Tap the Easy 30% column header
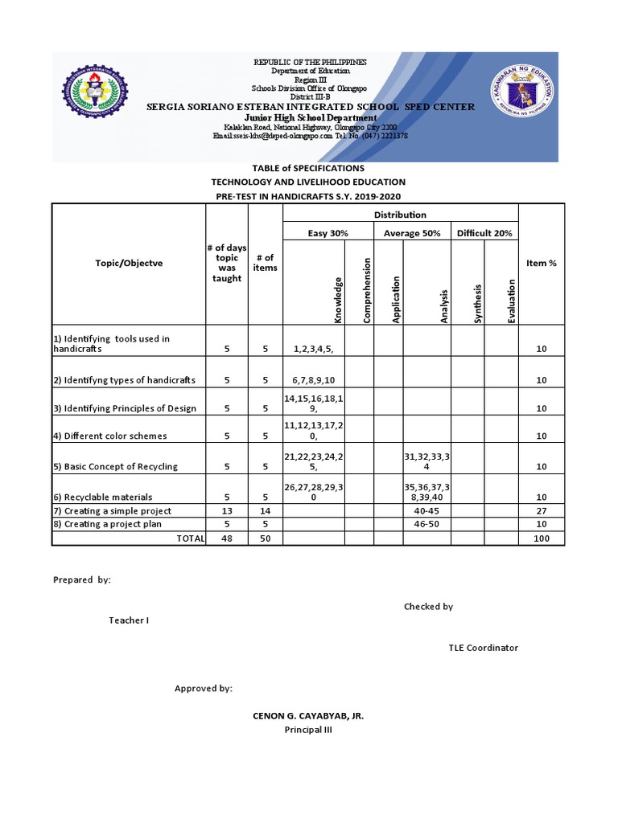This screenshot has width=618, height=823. tap(328, 233)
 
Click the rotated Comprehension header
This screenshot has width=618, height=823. tap(366, 290)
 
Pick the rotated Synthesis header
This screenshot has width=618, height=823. tap(477, 303)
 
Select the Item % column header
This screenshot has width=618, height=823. tap(542, 263)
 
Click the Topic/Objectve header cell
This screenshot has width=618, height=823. tap(129, 263)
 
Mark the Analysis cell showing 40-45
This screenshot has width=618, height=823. tap(426, 510)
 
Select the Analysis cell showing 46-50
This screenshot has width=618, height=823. tap(426, 524)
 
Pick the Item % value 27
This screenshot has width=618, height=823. tap(542, 510)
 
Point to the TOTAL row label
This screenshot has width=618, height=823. tap(190, 538)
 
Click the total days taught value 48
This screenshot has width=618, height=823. tap(227, 538)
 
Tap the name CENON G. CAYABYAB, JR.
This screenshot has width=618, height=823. tap(307, 715)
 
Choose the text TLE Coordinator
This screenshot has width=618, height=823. tap(483, 648)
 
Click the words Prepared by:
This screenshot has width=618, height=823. tap(82, 579)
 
